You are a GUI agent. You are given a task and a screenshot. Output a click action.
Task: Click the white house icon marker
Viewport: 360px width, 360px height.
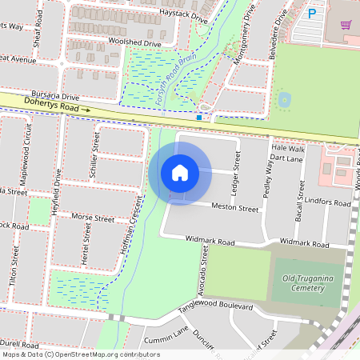coord(180,172)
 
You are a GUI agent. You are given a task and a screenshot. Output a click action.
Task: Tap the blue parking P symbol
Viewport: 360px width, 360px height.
coord(312,13)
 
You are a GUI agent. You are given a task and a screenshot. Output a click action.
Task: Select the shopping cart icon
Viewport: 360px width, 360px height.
coord(346,24)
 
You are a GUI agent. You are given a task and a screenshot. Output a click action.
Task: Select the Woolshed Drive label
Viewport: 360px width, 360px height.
coord(134,42)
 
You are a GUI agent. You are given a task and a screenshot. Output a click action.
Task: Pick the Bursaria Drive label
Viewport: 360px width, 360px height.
coord(55,94)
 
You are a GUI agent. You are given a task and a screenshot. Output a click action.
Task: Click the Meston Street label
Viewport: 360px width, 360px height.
coord(235,207)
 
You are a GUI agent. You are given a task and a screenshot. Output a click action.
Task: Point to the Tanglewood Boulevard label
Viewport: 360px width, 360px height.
coord(215,306)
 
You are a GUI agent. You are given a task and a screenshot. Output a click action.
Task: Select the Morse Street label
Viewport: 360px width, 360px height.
coord(93,217)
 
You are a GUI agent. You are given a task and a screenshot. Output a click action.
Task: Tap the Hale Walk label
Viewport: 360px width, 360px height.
coord(288,149)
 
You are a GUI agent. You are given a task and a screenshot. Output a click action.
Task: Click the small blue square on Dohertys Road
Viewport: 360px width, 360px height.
coord(198,117)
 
